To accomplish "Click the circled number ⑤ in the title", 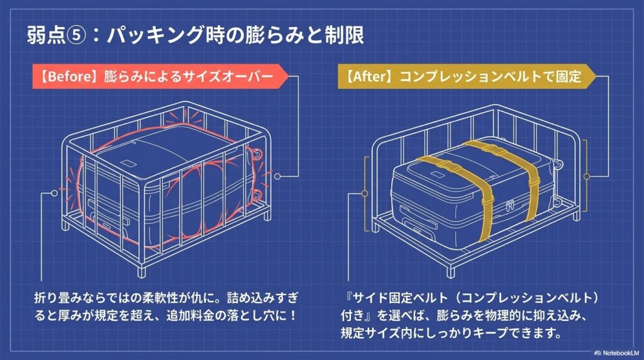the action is (76, 35).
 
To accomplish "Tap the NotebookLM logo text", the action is (621, 353).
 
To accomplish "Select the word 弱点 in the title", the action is (46, 35).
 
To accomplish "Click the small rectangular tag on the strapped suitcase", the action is (438, 174).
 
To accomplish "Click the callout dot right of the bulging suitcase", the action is (277, 176).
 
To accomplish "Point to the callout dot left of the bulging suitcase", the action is (54, 193).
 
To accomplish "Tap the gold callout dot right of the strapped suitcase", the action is (587, 176).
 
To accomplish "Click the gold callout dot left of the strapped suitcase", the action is (364, 193).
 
